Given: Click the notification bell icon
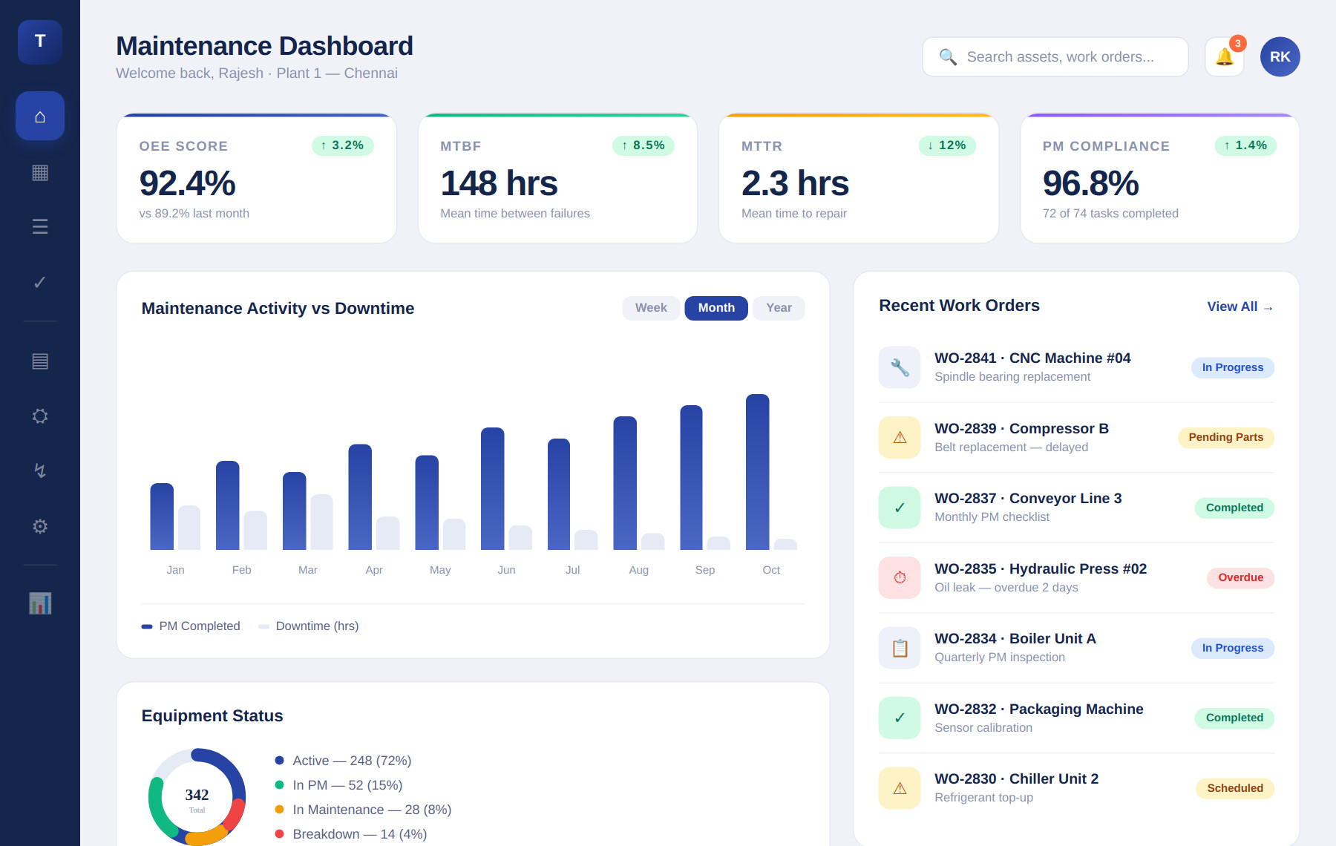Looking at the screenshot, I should click(x=1224, y=57).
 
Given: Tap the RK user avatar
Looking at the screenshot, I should click(x=1280, y=57).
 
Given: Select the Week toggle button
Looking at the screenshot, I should click(x=650, y=308).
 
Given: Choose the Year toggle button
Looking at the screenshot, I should click(x=779, y=308).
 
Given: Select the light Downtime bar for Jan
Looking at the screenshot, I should click(x=189, y=528).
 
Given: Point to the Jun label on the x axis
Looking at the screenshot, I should click(x=506, y=570).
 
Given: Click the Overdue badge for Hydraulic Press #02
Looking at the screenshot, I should click(x=1240, y=577).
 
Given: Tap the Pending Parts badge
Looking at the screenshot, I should click(x=1225, y=437).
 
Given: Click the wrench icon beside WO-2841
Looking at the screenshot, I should click(x=900, y=367).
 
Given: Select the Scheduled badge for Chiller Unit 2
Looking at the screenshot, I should click(x=1234, y=788).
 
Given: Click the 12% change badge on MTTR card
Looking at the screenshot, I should click(x=946, y=145).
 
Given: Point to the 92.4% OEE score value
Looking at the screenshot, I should click(x=187, y=183).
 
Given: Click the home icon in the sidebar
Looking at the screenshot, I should click(x=40, y=117).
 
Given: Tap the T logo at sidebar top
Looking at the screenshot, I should click(x=40, y=42).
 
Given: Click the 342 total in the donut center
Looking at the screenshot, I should click(x=197, y=796).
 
